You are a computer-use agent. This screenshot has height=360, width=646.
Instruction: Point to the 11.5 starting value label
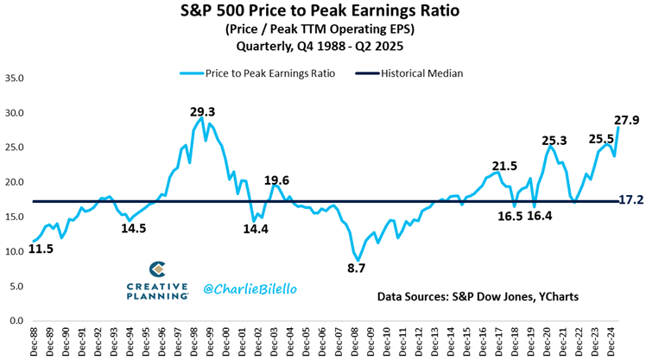click(41, 249)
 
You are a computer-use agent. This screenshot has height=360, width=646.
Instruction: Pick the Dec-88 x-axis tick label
click(34, 340)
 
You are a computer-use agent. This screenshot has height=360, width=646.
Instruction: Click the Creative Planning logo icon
click(157, 269)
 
